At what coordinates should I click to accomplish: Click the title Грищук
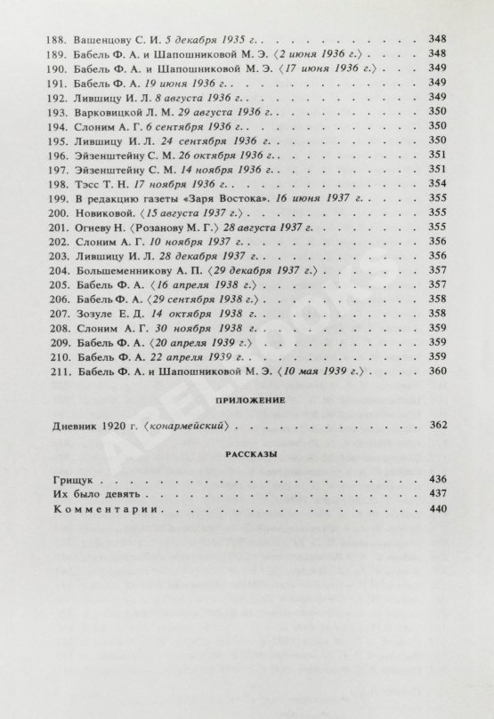[72, 480]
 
